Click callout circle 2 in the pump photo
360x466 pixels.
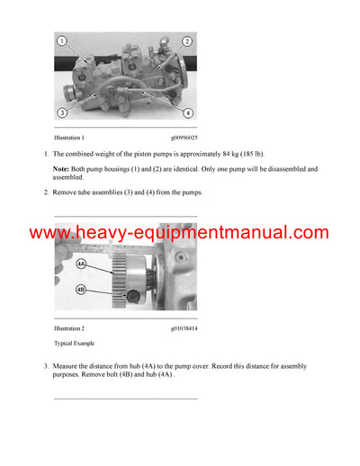[187, 41]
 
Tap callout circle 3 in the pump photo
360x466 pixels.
[62, 113]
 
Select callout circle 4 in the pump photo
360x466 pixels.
[188, 113]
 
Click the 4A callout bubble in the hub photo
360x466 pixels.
[81, 264]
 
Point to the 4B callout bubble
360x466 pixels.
[81, 291]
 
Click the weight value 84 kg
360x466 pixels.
[214, 156]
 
